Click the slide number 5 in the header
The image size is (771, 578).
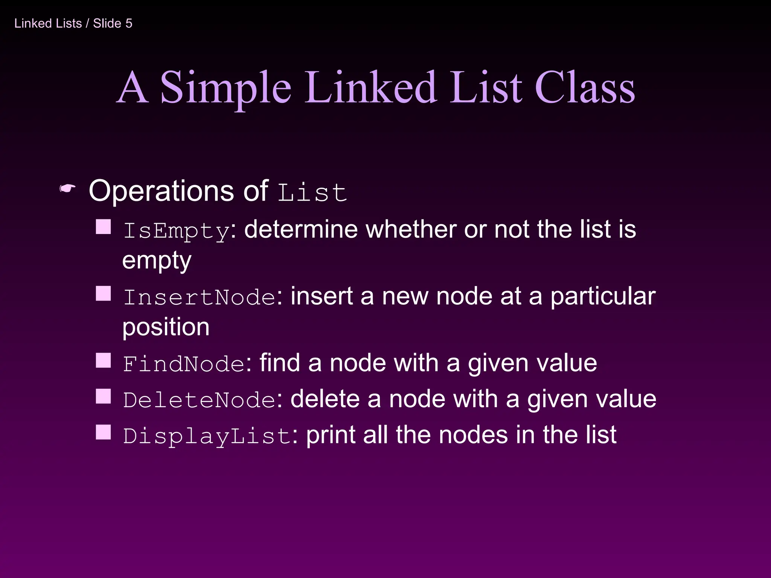click(129, 23)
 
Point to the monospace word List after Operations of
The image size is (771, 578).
click(312, 192)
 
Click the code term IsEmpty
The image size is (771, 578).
click(176, 230)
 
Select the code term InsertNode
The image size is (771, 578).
click(200, 297)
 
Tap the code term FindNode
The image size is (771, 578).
click(184, 364)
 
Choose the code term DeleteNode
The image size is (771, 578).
click(200, 400)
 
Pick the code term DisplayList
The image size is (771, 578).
click(207, 436)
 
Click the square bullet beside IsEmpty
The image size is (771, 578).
click(103, 227)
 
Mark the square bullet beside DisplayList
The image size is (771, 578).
click(103, 432)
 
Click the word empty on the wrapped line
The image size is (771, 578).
click(157, 260)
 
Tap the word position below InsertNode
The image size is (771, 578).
click(166, 327)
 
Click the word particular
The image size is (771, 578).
click(603, 297)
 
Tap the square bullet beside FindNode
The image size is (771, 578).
click(103, 360)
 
